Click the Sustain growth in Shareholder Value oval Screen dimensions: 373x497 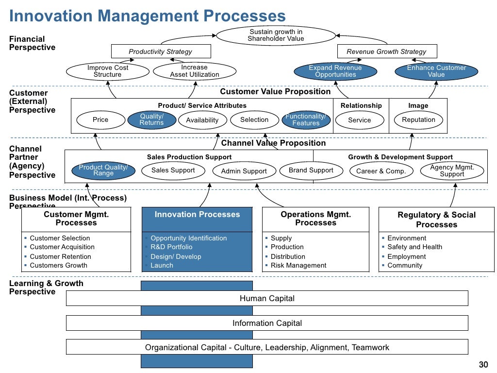click(x=276, y=35)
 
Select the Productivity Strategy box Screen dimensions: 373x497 click(x=161, y=51)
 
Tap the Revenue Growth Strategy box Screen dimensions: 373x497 click(x=386, y=51)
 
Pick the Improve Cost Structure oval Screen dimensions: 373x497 click(x=108, y=71)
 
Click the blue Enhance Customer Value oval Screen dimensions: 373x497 click(x=436, y=71)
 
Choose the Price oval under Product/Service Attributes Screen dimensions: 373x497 click(x=100, y=120)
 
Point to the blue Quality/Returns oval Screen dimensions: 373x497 click(x=151, y=120)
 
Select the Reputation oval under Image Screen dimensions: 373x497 click(x=418, y=120)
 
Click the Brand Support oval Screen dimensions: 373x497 click(x=311, y=170)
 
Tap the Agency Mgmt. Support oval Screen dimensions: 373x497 click(x=452, y=171)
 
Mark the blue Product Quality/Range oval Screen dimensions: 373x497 click(x=103, y=170)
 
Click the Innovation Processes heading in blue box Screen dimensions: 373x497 click(x=197, y=215)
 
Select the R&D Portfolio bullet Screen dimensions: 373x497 click(x=171, y=247)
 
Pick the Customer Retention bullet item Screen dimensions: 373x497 click(x=60, y=256)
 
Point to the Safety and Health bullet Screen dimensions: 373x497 click(x=414, y=247)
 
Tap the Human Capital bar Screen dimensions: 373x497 click(x=267, y=299)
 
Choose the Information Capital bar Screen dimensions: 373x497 click(x=267, y=323)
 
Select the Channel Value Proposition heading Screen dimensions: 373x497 click(x=273, y=143)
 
